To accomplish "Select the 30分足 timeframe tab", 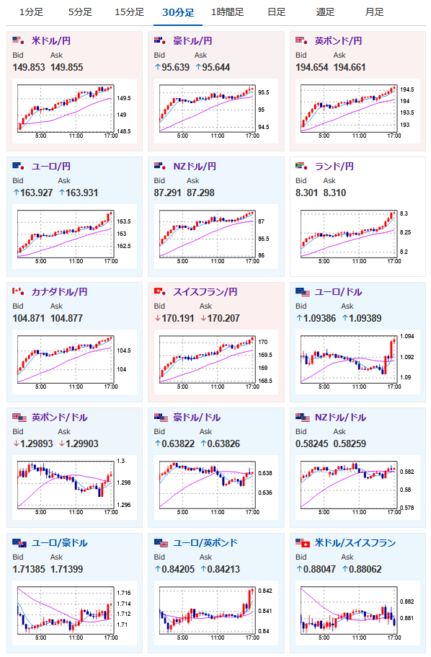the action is (178, 12).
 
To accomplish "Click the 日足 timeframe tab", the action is (277, 12).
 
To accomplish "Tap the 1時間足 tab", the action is (228, 12).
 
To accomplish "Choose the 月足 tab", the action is (375, 12).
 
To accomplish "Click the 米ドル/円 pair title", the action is (51, 40).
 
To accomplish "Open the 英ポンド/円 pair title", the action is (339, 40).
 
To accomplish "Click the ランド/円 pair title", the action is (334, 167).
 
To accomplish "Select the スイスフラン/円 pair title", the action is (205, 291).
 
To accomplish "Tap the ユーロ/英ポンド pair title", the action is (205, 542).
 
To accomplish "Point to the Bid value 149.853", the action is (29, 67).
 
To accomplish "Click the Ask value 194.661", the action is (350, 67).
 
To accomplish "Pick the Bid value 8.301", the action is (306, 193).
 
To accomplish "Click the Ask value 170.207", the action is (223, 318).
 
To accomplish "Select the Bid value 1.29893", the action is (37, 444).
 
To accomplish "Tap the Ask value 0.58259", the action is (350, 444).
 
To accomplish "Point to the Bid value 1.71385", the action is (29, 569).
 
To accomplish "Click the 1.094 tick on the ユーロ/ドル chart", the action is (407, 336).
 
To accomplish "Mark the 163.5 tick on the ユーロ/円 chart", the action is (123, 221).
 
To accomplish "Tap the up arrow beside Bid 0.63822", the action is (158, 444).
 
